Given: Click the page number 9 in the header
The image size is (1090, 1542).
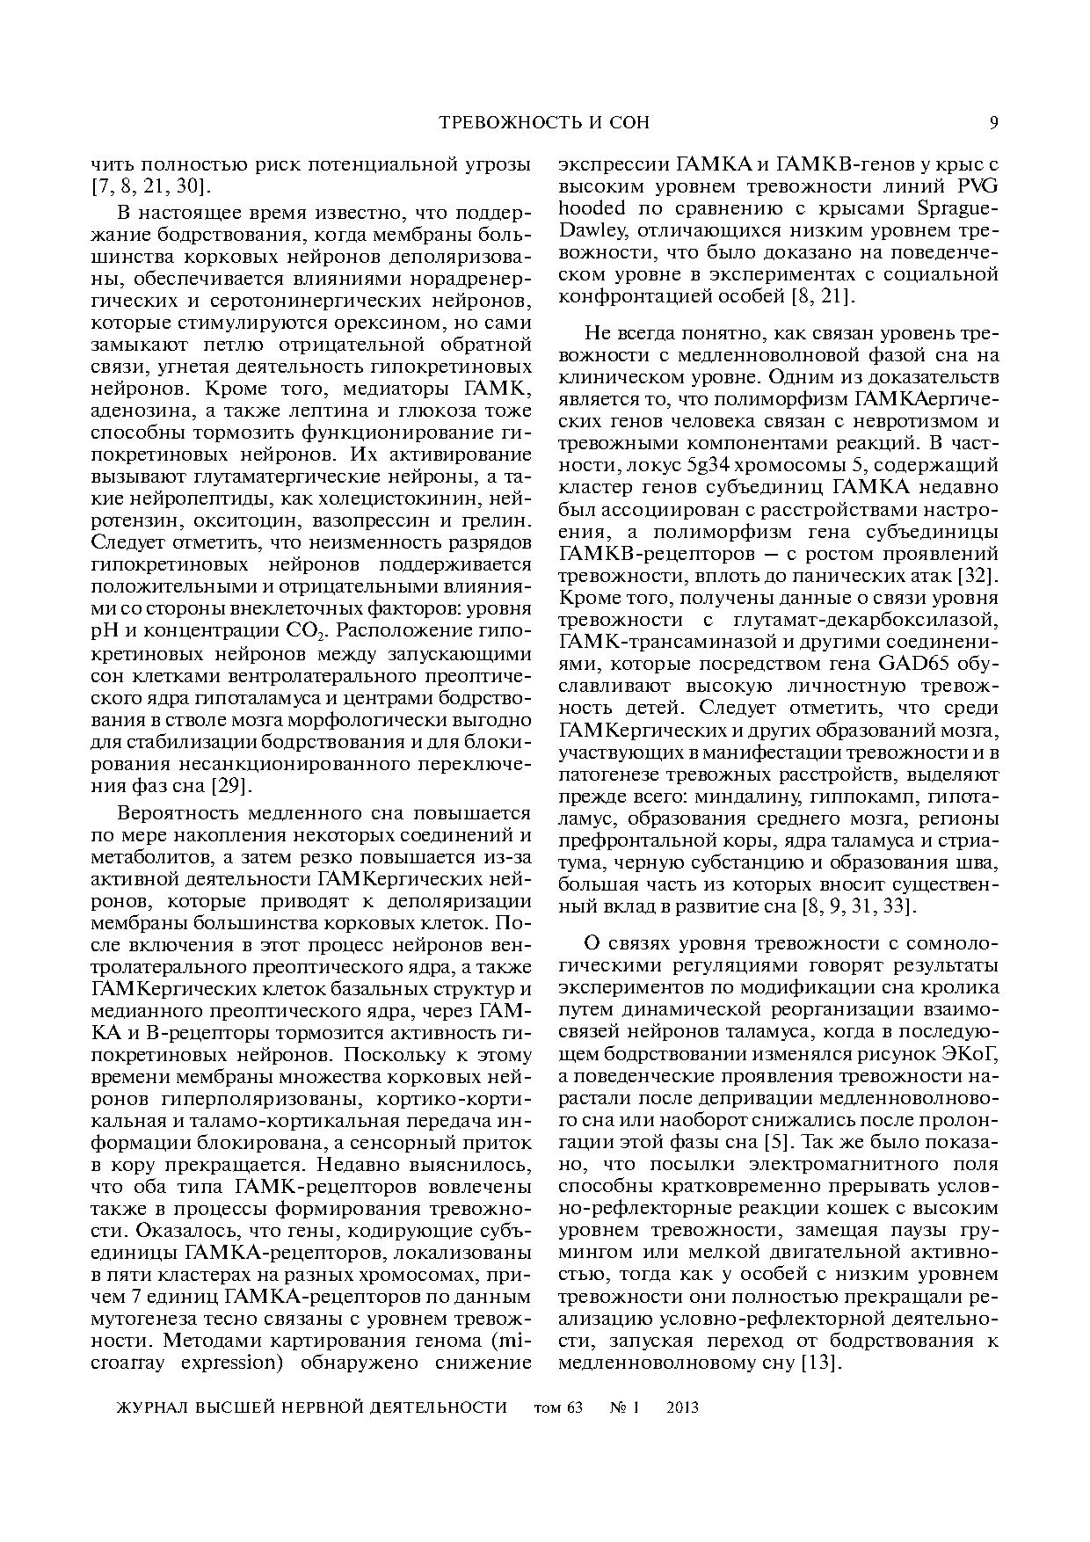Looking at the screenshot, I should coord(993,122).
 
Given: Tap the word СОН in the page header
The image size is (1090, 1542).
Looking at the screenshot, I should coord(628,122).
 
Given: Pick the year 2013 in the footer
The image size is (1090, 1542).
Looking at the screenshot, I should coord(682,1407).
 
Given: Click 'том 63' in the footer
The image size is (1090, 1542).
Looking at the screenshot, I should coord(558,1407).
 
